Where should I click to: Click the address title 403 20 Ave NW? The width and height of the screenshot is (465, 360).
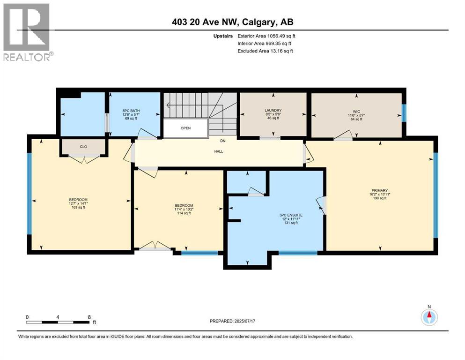[x=232, y=22]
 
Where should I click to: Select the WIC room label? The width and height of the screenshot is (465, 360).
[x=356, y=112]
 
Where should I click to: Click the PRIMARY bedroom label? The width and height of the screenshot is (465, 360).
[x=380, y=190]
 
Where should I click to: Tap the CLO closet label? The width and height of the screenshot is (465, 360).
[x=83, y=147]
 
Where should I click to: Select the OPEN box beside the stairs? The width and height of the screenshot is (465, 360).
[x=185, y=128]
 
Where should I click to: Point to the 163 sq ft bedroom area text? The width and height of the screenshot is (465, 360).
[x=78, y=207]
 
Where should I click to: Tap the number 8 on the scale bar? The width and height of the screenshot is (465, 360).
[x=89, y=317]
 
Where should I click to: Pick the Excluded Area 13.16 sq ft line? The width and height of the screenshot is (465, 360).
[x=265, y=51]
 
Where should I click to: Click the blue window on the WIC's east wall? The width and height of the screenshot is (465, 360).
[x=404, y=112]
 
